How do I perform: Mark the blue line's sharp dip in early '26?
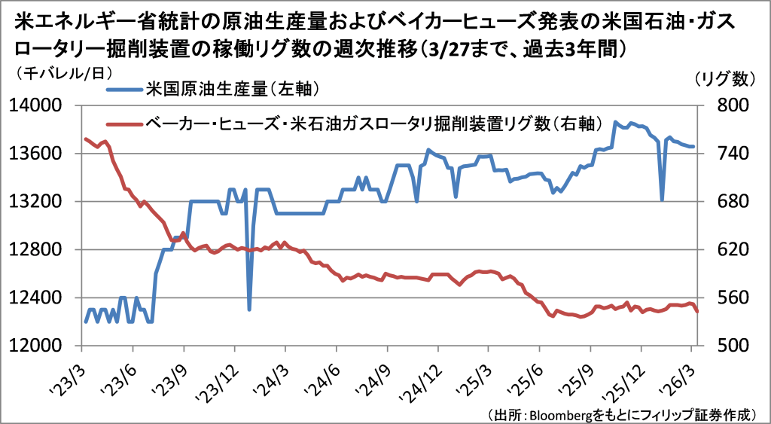[662, 200]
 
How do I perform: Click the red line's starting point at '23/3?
[84, 139]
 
